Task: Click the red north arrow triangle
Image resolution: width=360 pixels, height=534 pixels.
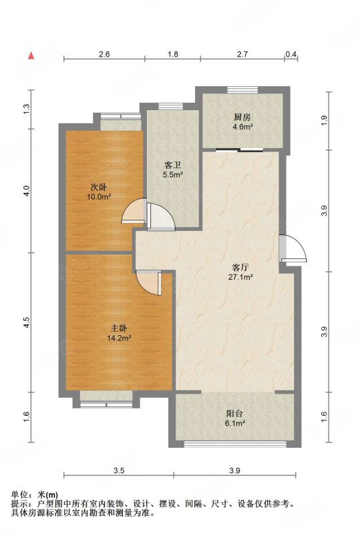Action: coord(31,55)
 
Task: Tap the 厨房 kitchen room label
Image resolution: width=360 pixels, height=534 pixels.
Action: coord(242,117)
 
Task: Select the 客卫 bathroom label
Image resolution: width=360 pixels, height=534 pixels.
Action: coord(172,166)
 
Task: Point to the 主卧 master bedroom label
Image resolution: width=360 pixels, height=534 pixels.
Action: coord(119,328)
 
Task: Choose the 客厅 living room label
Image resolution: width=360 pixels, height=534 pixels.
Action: coord(240,267)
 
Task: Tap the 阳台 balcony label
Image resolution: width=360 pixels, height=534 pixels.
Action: coord(235,414)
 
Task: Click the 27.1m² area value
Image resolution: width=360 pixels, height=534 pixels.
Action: coord(240,277)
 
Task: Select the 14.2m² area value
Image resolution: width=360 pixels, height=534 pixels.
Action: coord(119,338)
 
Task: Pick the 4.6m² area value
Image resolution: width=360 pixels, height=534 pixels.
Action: coord(242,127)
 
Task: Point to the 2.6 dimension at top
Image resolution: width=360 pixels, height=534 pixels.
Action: coord(104,54)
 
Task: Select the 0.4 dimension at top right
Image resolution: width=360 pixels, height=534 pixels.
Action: coord(291,54)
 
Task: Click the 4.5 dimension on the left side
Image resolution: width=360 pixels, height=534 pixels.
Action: coord(27,322)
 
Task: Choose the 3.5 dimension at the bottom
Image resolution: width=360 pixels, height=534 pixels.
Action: coord(119,471)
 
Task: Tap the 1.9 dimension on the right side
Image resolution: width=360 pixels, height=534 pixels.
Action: coord(324,121)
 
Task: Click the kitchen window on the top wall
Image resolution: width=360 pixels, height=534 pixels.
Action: coord(242,89)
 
